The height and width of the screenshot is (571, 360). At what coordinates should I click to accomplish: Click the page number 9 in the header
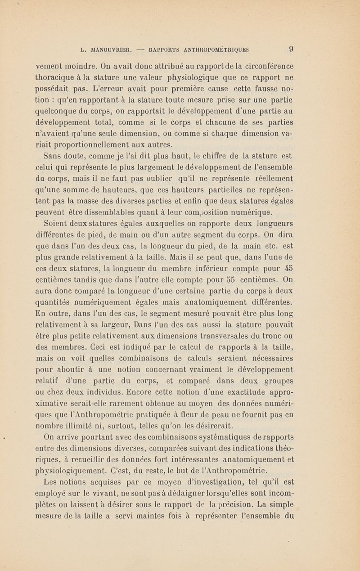pyautogui.click(x=292, y=49)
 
